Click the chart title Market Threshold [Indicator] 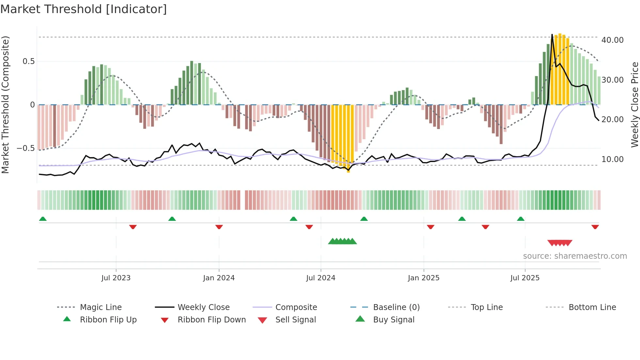click(x=84, y=9)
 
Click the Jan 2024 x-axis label click(x=219, y=278)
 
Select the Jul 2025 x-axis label click(x=525, y=278)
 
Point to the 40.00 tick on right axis click(x=612, y=40)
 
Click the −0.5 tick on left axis click(x=26, y=148)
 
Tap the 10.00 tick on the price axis click(x=612, y=159)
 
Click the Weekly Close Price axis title click(x=634, y=105)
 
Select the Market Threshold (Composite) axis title click(x=5, y=105)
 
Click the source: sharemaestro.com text click(x=575, y=256)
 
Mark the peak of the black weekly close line click(x=552, y=35)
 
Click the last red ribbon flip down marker click(x=595, y=227)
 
